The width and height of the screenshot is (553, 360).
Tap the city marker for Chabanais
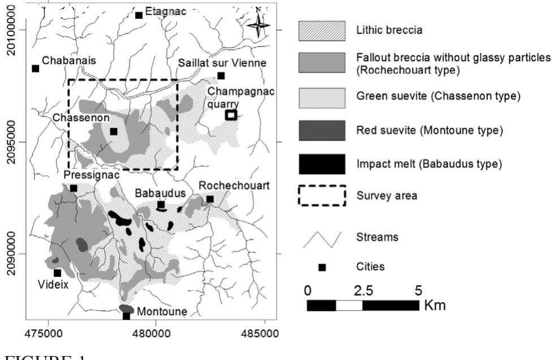point(36,68)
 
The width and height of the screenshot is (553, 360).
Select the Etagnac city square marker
point(139,15)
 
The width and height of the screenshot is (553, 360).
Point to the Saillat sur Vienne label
point(222,63)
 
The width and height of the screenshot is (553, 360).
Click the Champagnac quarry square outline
point(230,115)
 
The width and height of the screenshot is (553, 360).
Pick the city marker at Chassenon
point(113,131)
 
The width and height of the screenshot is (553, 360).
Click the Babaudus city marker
point(161,205)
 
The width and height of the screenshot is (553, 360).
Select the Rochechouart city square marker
point(210,199)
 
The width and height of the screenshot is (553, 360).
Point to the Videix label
point(53,285)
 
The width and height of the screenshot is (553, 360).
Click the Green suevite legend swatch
point(321,96)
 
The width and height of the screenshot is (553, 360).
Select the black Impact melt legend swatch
point(321,164)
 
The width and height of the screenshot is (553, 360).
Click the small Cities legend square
point(322,267)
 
